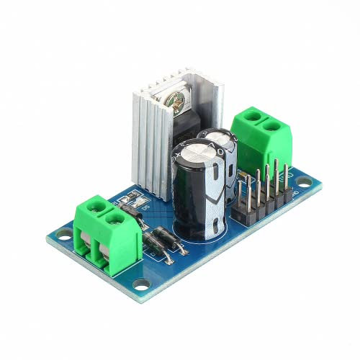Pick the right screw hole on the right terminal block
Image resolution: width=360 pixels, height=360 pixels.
pos(272,126)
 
